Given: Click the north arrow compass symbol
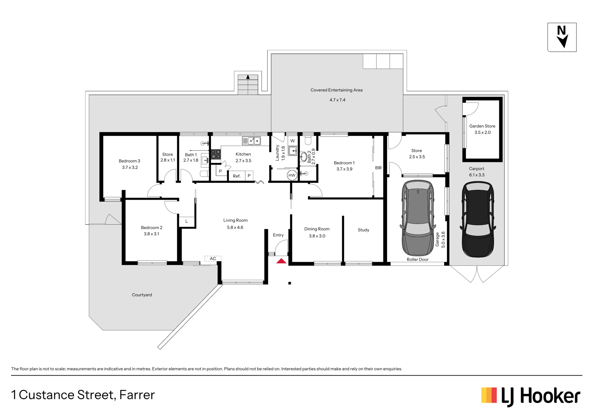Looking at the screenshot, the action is pyautogui.click(x=562, y=37).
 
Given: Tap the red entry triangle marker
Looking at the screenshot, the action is pyautogui.click(x=281, y=261).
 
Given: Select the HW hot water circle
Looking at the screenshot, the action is pyautogui.click(x=292, y=175).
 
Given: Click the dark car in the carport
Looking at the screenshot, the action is pyautogui.click(x=478, y=219).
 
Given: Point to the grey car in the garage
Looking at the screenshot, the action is pyautogui.click(x=418, y=218).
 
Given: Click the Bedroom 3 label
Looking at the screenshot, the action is pyautogui.click(x=129, y=161).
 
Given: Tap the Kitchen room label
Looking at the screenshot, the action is pyautogui.click(x=243, y=154).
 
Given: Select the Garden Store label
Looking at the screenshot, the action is pyautogui.click(x=482, y=126).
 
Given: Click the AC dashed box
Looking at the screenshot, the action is pyautogui.click(x=213, y=259).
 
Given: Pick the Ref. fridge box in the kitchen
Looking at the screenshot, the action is pyautogui.click(x=237, y=176).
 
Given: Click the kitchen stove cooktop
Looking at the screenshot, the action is pyautogui.click(x=216, y=154).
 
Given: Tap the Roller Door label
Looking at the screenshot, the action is pyautogui.click(x=418, y=259).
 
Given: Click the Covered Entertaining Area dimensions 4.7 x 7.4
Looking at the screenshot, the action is pyautogui.click(x=337, y=100).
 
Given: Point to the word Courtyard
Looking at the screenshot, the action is pyautogui.click(x=142, y=295).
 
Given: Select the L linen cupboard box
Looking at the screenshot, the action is pyautogui.click(x=187, y=221).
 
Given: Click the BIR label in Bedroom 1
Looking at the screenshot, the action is pyautogui.click(x=378, y=168).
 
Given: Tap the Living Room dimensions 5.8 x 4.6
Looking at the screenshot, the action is pyautogui.click(x=235, y=227).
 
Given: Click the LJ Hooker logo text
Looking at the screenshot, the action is pyautogui.click(x=540, y=396).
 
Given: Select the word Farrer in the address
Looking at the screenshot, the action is pyautogui.click(x=137, y=395).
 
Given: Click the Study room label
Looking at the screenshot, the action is pyautogui.click(x=364, y=230).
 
